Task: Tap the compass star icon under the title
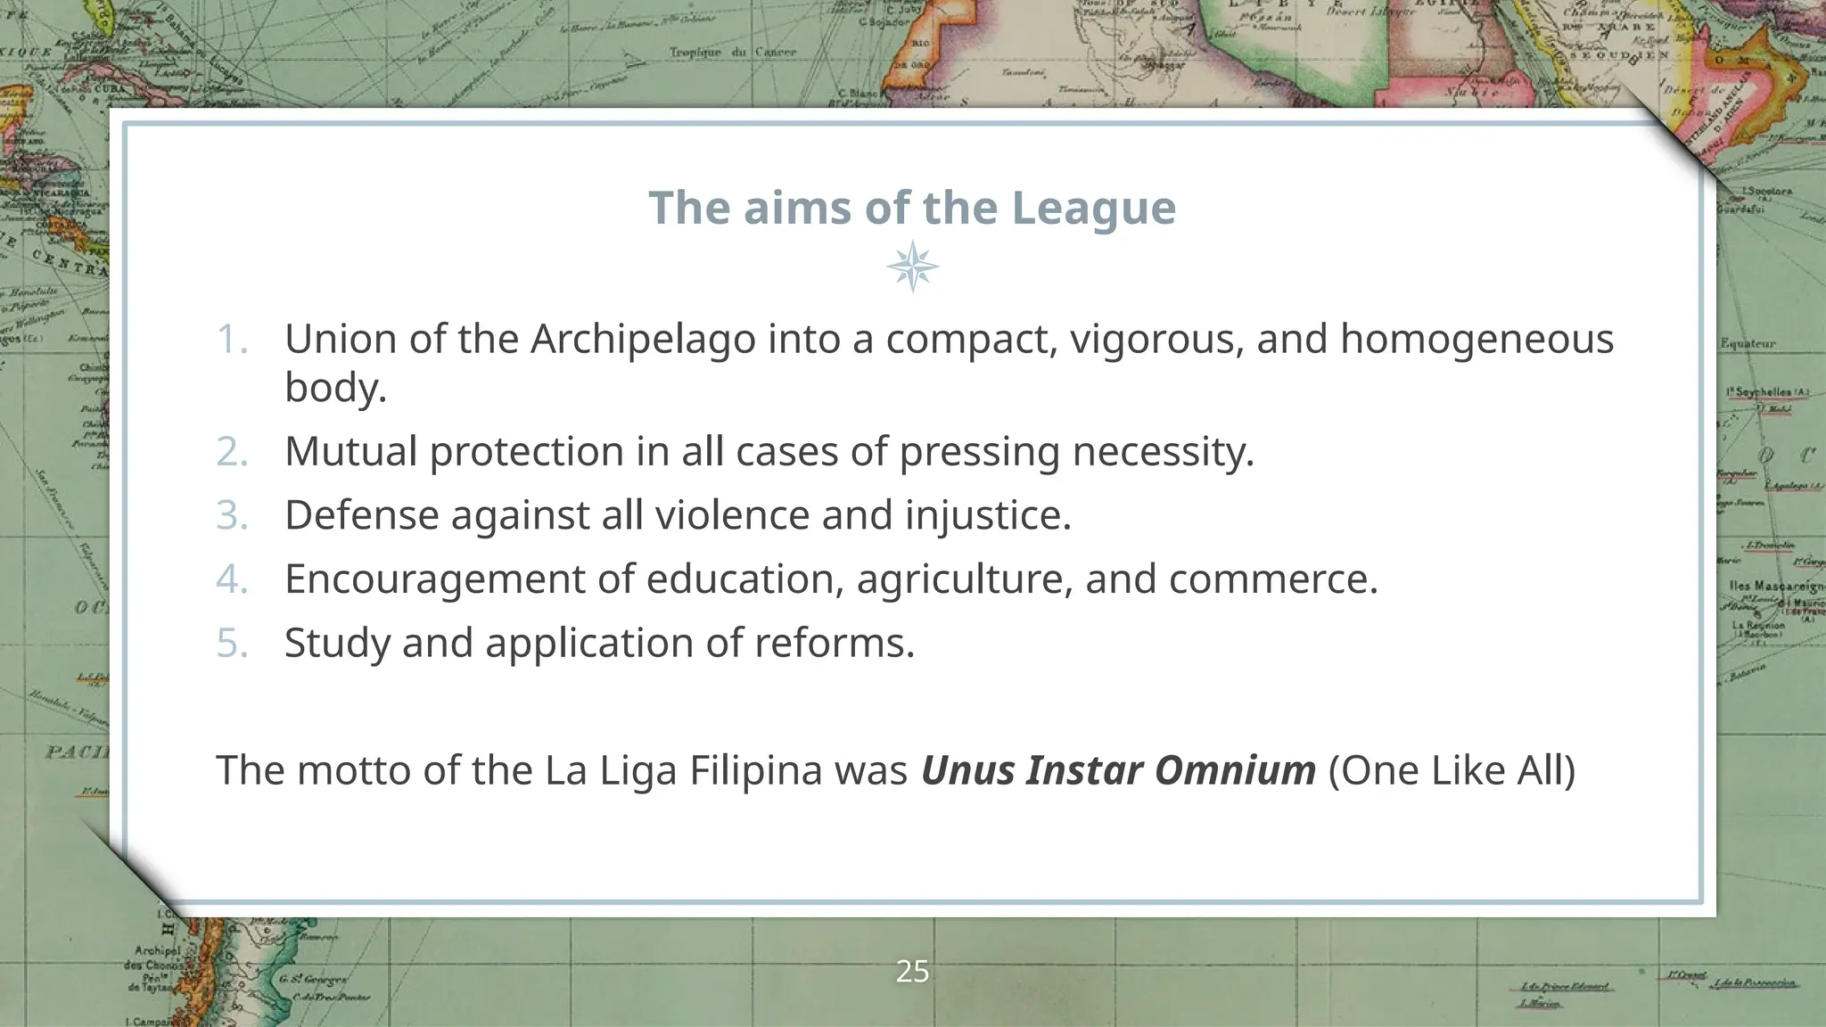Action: click(x=913, y=267)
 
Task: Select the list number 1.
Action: click(x=232, y=340)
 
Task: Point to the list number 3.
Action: click(x=232, y=515)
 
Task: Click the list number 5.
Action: click(x=232, y=643)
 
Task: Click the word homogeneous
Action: click(x=1476, y=340)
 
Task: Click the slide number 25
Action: click(x=912, y=971)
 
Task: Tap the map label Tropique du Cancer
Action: click(x=733, y=53)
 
